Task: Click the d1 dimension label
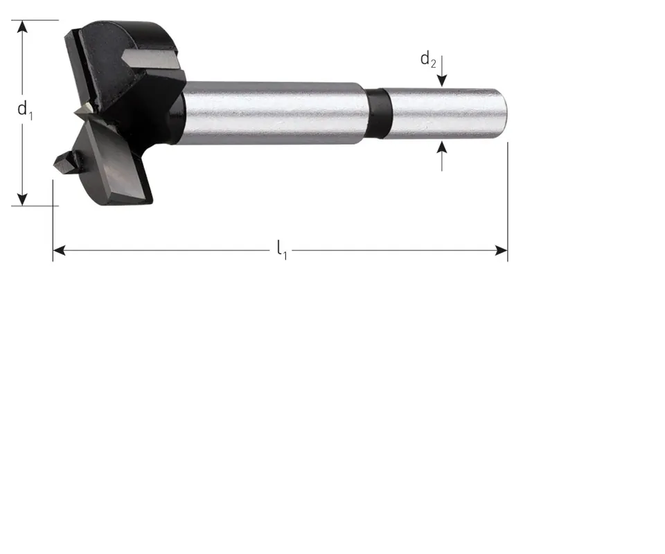point(25,110)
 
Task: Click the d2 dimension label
point(428,60)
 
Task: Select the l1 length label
point(282,250)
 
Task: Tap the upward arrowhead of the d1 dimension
point(22,26)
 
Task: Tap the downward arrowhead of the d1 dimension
point(22,199)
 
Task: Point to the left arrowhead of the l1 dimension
point(60,251)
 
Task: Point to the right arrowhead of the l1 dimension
point(501,251)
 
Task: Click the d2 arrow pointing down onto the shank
point(442,71)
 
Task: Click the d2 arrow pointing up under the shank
point(442,157)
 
